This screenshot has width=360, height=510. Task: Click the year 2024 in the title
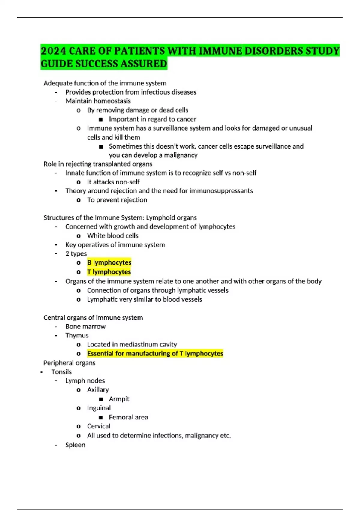pos(53,51)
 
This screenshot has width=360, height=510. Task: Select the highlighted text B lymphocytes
pos(109,262)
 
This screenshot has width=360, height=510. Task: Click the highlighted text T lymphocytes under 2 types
pos(109,272)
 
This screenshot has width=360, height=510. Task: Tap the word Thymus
pos(77,335)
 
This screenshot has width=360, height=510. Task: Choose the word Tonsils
pos(61,372)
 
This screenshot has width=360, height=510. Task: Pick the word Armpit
pos(119,399)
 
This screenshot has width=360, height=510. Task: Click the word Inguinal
pos(99,408)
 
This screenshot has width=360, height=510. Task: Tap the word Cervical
pos(99,426)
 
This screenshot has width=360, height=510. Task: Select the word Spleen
pos(75,445)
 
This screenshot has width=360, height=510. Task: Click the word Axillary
pos(98,389)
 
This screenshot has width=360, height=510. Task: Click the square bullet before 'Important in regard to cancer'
pos(101,119)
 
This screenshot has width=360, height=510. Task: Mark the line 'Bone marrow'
pos(85,326)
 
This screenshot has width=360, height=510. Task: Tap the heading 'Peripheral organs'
pos(69,363)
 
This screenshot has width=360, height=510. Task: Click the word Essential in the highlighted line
pos(100,353)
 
